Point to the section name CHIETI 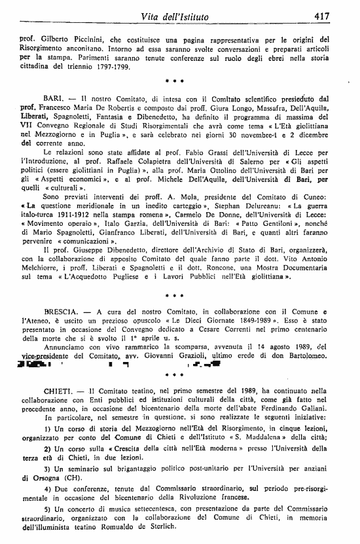pyautogui.click(x=58, y=390)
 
